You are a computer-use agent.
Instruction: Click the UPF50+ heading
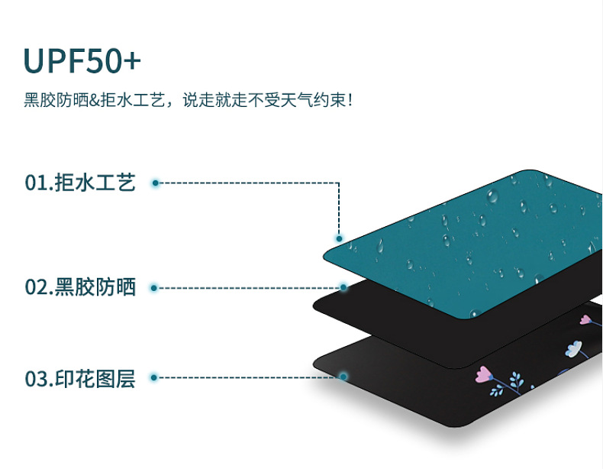pyautogui.click(x=82, y=60)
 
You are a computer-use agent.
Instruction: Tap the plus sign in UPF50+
pyautogui.click(x=131, y=62)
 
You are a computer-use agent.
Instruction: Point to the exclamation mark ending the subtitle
pyautogui.click(x=350, y=100)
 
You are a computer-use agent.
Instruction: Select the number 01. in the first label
pyautogui.click(x=38, y=183)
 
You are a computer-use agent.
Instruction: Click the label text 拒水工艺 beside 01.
pyautogui.click(x=95, y=183)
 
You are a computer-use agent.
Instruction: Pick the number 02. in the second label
pyautogui.click(x=38, y=288)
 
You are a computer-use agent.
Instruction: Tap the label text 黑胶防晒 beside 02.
pyautogui.click(x=95, y=288)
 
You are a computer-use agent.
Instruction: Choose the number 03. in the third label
pyautogui.click(x=38, y=378)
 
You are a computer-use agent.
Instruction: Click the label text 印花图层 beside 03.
pyautogui.click(x=95, y=378)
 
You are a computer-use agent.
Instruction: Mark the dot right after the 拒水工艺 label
pyautogui.click(x=155, y=183)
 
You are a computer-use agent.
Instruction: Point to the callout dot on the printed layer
pyautogui.click(x=343, y=377)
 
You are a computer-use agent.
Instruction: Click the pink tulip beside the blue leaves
pyautogui.click(x=482, y=374)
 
